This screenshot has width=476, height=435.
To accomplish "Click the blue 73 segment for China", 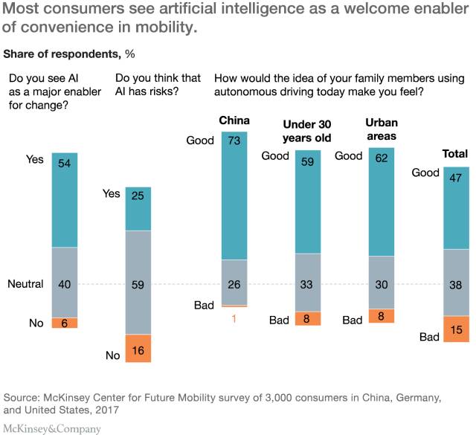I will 234,196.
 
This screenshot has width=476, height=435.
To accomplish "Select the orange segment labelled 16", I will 138,348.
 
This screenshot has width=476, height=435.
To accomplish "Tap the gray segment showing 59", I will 138,283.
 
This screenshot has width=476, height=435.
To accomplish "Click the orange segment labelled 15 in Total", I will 456,329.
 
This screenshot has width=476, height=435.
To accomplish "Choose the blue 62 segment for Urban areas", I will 382,202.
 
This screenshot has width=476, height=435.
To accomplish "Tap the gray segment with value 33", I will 308,283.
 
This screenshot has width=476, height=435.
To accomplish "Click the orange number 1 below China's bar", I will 234,318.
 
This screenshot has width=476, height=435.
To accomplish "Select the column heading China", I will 234,120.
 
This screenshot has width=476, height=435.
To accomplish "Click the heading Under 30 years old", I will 307,130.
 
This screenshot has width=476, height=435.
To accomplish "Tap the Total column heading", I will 455,154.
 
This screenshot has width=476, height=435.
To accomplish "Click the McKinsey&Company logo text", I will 52,428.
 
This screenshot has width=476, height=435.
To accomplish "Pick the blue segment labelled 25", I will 138,209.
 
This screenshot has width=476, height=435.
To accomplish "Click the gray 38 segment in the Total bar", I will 456,283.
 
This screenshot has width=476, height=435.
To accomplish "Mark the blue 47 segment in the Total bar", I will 456,207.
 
